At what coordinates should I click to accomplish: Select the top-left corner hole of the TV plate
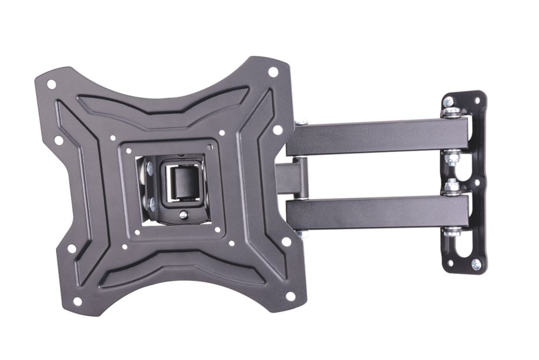pyautogui.click(x=51, y=85)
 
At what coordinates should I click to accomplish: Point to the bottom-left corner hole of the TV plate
pyautogui.click(x=77, y=301)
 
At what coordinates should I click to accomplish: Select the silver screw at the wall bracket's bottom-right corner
pyautogui.click(x=475, y=264)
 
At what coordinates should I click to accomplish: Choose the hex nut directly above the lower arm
pyautogui.click(x=451, y=186)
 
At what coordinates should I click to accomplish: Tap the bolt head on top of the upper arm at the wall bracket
pyautogui.click(x=451, y=112)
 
